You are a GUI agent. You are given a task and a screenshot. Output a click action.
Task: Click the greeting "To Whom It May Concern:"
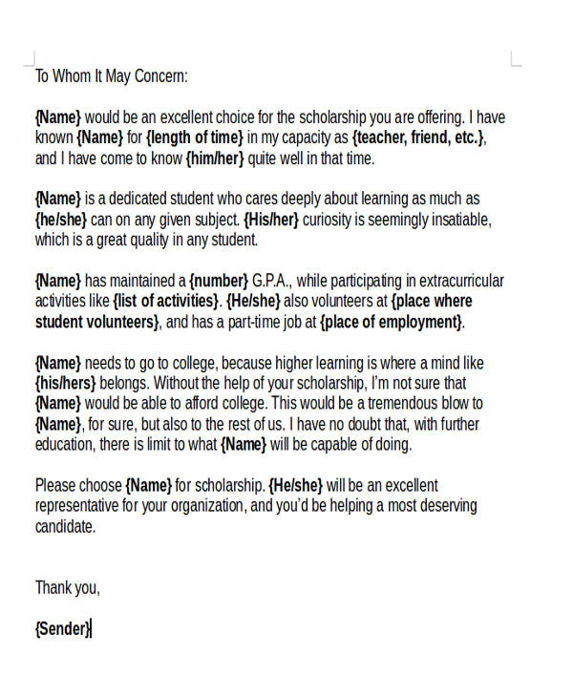tap(112, 76)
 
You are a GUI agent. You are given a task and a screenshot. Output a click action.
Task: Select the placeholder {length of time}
tap(194, 138)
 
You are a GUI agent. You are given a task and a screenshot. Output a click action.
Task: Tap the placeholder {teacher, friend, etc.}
tap(419, 138)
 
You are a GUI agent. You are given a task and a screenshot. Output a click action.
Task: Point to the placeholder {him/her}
tap(215, 158)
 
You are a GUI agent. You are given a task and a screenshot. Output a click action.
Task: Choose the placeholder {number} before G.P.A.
tap(219, 281)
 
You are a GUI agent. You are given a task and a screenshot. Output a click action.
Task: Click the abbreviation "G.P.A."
tap(278, 281)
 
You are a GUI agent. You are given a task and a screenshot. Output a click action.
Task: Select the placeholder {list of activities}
tap(167, 302)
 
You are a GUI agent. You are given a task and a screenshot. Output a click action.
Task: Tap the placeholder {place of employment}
tap(392, 322)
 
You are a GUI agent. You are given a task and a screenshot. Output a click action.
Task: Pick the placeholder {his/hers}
tap(66, 383)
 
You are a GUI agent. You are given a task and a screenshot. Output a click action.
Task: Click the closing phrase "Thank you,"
tap(67, 587)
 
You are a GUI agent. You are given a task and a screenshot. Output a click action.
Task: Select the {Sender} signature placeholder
tap(63, 628)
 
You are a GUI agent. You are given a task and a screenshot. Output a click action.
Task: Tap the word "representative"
tap(85, 505)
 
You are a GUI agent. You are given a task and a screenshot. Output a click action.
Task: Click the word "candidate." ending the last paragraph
tap(66, 525)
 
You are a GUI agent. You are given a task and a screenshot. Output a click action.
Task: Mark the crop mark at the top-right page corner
tap(516, 60)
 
